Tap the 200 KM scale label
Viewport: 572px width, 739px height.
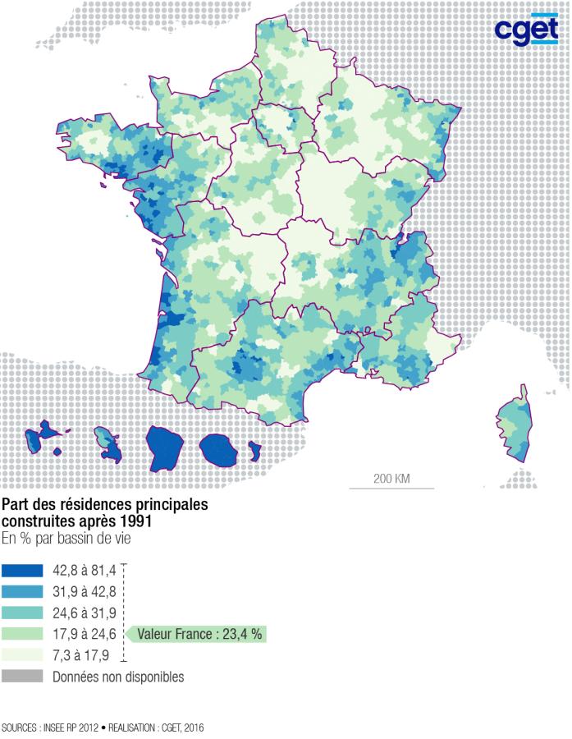391,478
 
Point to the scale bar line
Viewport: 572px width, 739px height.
391,489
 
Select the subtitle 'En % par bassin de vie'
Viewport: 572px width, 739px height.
65,539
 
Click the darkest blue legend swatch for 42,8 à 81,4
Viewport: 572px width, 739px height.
22,570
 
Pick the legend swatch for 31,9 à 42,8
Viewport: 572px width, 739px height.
22,591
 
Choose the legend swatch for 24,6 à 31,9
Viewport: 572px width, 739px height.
22,613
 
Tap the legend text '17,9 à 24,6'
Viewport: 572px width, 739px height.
84,634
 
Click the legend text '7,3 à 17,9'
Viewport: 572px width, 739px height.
80,655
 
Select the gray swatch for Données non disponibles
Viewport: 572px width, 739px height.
22,677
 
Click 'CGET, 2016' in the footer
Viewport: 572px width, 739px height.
181,728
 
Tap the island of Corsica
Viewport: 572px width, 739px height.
515,424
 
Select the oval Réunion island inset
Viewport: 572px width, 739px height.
219,448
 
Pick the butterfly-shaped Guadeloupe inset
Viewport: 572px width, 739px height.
44,435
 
